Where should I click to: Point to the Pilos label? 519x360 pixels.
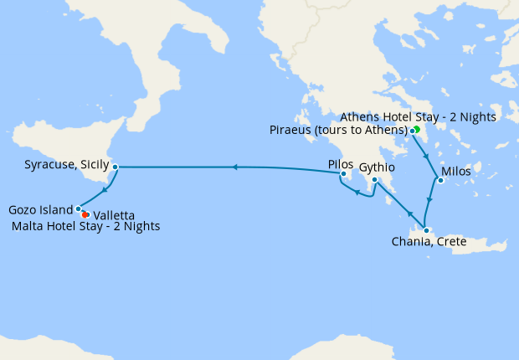click(341, 164)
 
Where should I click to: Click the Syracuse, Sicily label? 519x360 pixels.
click(62, 167)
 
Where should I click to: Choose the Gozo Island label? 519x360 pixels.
click(39, 209)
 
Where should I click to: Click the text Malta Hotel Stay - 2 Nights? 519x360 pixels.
click(87, 227)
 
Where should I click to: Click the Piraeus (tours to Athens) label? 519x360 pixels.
click(338, 130)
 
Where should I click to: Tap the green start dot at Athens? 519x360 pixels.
click(417, 129)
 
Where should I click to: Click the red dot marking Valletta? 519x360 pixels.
click(85, 215)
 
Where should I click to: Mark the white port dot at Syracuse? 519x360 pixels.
click(115, 167)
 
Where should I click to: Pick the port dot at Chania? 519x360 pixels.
click(426, 231)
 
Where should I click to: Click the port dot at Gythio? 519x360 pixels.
click(374, 180)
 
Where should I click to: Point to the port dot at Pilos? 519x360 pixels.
click(343, 174)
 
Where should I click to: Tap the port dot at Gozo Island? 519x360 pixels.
click(78, 208)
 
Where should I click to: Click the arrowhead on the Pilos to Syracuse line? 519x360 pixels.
click(235, 167)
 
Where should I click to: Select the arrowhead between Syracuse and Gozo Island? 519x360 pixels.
click(105, 189)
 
